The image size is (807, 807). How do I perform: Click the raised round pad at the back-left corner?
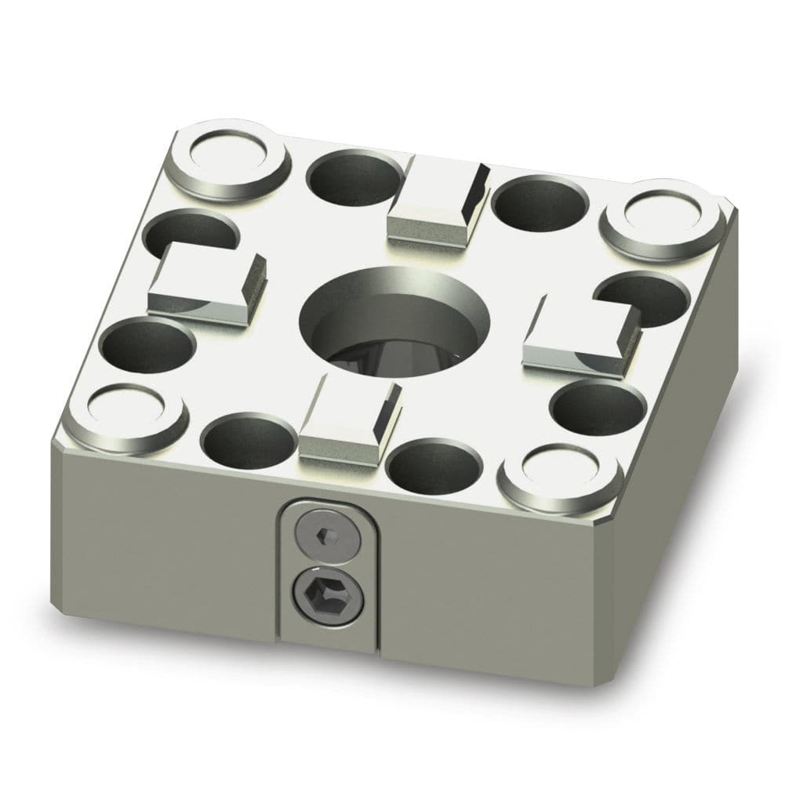[x=229, y=159]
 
